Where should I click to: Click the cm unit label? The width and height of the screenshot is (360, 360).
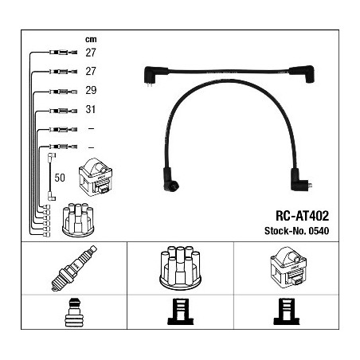tap(91, 40)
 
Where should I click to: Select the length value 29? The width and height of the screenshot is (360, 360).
tap(91, 90)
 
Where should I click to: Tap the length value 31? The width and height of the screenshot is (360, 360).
tap(91, 109)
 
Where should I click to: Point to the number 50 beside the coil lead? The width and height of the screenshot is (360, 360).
tap(60, 178)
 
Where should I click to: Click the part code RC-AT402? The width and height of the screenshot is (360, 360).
tap(303, 216)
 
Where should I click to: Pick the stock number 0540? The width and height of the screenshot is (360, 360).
tap(319, 231)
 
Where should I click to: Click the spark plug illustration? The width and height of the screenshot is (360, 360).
tap(74, 268)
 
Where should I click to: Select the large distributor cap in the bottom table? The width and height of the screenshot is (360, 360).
tap(180, 267)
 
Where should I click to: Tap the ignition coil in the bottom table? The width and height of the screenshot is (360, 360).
tap(288, 268)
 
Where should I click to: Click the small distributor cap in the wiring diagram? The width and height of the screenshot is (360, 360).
tap(78, 220)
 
